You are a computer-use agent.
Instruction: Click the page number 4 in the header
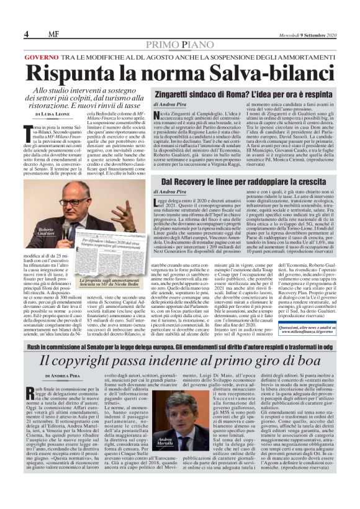[x=27, y=34]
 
